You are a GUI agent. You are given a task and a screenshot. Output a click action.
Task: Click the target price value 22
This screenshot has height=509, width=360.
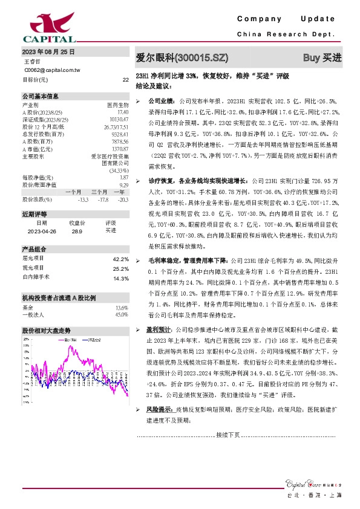tap(125, 79)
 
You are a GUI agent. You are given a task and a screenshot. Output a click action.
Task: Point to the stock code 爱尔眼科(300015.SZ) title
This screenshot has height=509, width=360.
tap(182, 58)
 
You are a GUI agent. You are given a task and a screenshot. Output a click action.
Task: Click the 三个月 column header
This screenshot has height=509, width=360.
tap(99, 191)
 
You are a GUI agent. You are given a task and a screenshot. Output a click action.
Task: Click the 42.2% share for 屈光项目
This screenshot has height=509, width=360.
tap(121, 259)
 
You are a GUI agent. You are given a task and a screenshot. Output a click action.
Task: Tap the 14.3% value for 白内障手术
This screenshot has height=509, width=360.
tap(121, 278)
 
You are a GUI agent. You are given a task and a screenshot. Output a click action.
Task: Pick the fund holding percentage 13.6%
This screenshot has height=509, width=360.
tap(122, 308)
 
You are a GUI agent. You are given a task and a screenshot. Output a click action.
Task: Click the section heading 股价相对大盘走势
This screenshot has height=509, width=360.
tap(47, 331)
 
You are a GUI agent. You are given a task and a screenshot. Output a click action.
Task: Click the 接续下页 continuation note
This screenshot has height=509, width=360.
tap(228, 435)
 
